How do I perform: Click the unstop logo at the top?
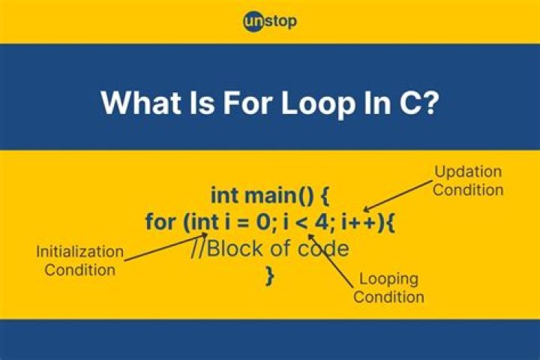pos(270,21)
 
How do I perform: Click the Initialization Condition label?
pos(79,260)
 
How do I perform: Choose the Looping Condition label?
pos(388,288)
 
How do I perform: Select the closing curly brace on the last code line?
pos(269,275)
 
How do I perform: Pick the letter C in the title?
pos(408,103)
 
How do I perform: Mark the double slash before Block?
pos(197,249)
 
